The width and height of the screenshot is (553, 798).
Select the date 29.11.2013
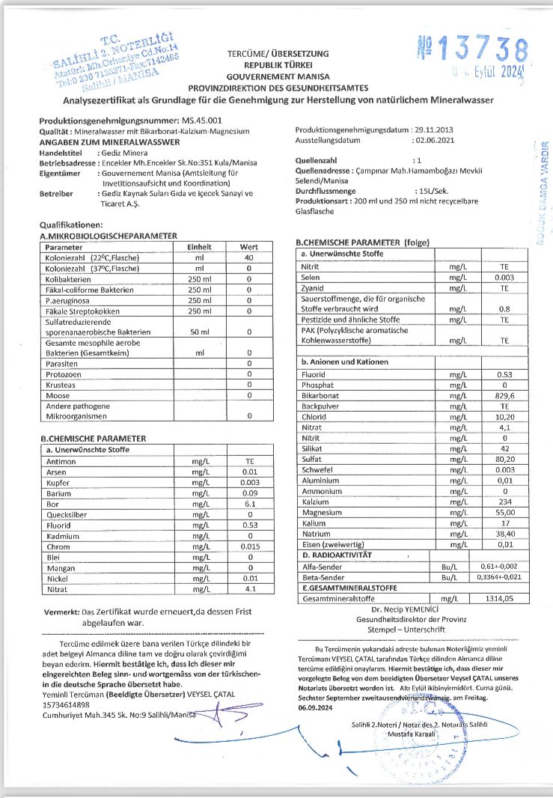[x=433, y=130]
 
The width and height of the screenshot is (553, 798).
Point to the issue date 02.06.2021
[x=433, y=139]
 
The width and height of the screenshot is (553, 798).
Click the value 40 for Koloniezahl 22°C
[x=248, y=258]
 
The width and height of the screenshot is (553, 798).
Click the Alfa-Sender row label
[x=323, y=567]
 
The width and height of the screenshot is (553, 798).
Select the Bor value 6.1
[x=251, y=504]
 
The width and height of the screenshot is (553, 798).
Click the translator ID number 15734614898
[x=70, y=704]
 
